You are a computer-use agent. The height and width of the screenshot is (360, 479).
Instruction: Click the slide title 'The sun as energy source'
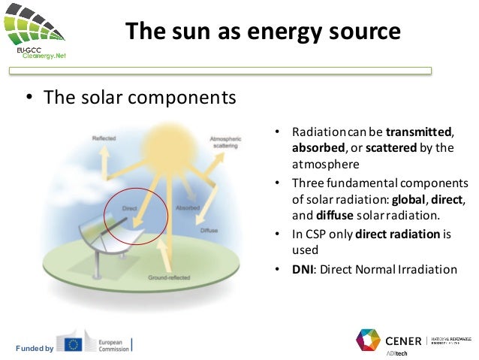click(x=262, y=32)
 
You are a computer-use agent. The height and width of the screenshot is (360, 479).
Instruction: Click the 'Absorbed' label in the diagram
click(x=187, y=207)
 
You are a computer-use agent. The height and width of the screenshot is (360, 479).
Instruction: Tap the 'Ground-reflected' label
click(x=168, y=277)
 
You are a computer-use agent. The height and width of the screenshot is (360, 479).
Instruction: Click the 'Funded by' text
click(x=35, y=348)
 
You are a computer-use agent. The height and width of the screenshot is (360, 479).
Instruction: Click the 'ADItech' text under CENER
click(x=397, y=353)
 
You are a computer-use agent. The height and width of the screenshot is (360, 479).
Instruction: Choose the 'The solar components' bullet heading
click(x=140, y=98)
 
